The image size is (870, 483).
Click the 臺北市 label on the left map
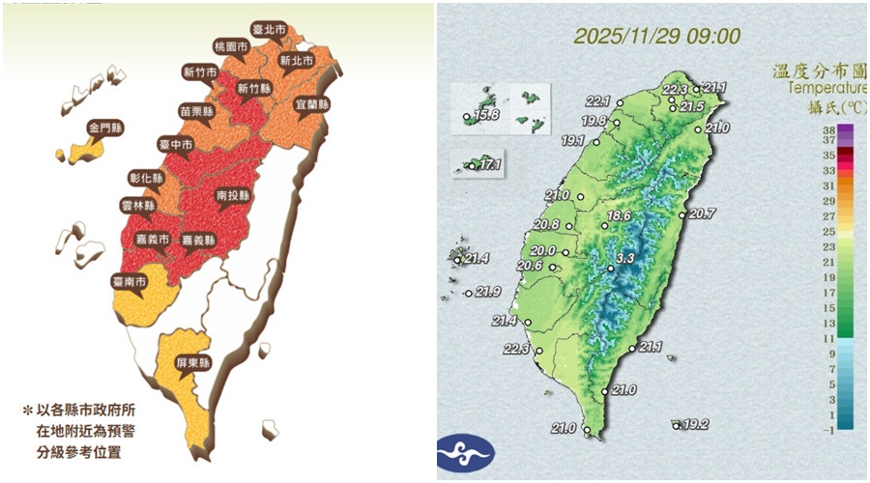(x=268, y=31)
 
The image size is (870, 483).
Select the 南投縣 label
(x=234, y=195)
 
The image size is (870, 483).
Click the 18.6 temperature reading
(x=619, y=215)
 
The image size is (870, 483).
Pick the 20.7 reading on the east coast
(x=703, y=213)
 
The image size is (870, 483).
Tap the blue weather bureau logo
(x=465, y=451)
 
